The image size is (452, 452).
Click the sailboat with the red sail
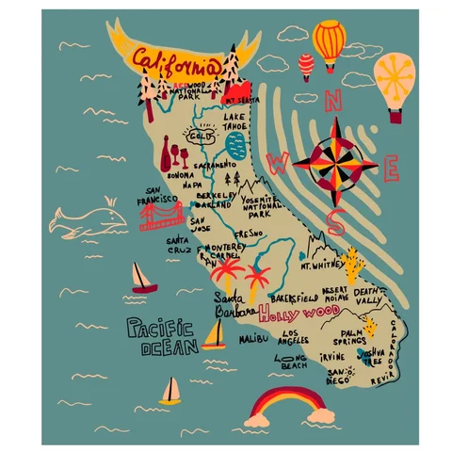coord(141,277)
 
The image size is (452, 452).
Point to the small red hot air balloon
coord(306,65)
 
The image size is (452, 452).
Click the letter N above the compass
coord(334,98)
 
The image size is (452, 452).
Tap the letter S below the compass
coord(335,223)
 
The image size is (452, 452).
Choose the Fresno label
coord(249,233)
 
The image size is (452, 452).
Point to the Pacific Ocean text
coord(161,337)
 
